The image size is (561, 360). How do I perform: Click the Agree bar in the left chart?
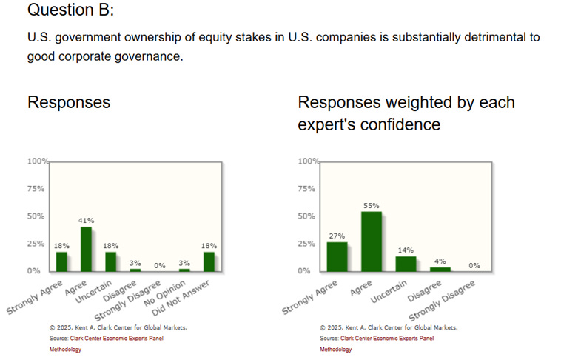[x=86, y=249]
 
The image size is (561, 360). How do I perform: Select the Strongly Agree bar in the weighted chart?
[x=337, y=256]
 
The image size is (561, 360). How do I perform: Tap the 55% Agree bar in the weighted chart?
[x=372, y=241]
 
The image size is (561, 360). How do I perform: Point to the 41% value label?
[x=86, y=221]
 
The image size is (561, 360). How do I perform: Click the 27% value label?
[x=337, y=236]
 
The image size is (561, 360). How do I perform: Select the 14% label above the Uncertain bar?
[x=406, y=250]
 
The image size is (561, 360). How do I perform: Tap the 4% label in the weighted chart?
[x=440, y=261]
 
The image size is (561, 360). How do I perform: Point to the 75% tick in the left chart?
[x=37, y=189]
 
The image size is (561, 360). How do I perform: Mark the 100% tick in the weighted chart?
[x=307, y=161]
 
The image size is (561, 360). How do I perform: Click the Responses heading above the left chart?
[x=69, y=102]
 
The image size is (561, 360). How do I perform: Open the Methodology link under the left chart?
[x=66, y=350]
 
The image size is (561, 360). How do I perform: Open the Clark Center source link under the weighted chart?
[x=387, y=339]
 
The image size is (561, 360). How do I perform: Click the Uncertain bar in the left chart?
[x=110, y=261]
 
